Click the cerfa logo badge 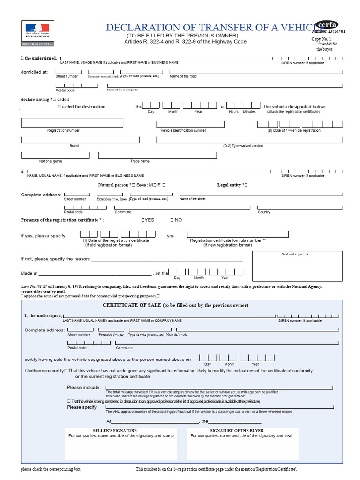click(x=327, y=25)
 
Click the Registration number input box click(x=72, y=123)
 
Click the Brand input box click(x=80, y=140)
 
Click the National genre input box click(x=56, y=155)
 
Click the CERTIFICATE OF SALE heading click(x=175, y=305)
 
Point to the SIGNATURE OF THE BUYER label click(x=237, y=430)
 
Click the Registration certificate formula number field click(x=238, y=234)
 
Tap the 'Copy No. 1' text click(x=322, y=39)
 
